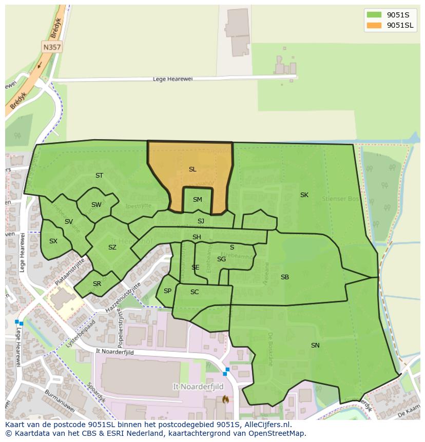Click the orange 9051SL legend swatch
(374, 25)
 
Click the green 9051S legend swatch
(374, 15)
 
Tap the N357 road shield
(51, 47)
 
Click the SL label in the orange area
(192, 169)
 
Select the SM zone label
(198, 200)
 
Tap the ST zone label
(99, 176)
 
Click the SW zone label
(96, 205)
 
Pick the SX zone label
(53, 241)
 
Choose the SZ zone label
(112, 247)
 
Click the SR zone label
(97, 284)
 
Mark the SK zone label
(304, 195)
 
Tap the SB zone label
(285, 277)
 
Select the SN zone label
(315, 345)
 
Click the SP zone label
(167, 291)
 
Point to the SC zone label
(195, 292)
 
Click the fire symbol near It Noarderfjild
(225, 399)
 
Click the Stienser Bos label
(339, 198)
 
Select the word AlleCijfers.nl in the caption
(266, 425)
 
